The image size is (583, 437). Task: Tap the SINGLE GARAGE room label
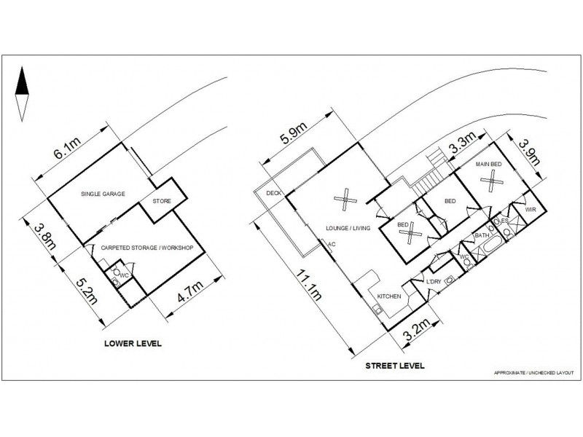pyautogui.click(x=103, y=194)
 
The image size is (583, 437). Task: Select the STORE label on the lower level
pyautogui.click(x=162, y=201)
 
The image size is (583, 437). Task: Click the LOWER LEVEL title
pyautogui.click(x=133, y=344)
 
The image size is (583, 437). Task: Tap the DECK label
pyautogui.click(x=274, y=193)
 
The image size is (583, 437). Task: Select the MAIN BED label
pyautogui.click(x=489, y=165)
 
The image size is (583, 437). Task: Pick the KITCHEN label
pyautogui.click(x=389, y=296)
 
